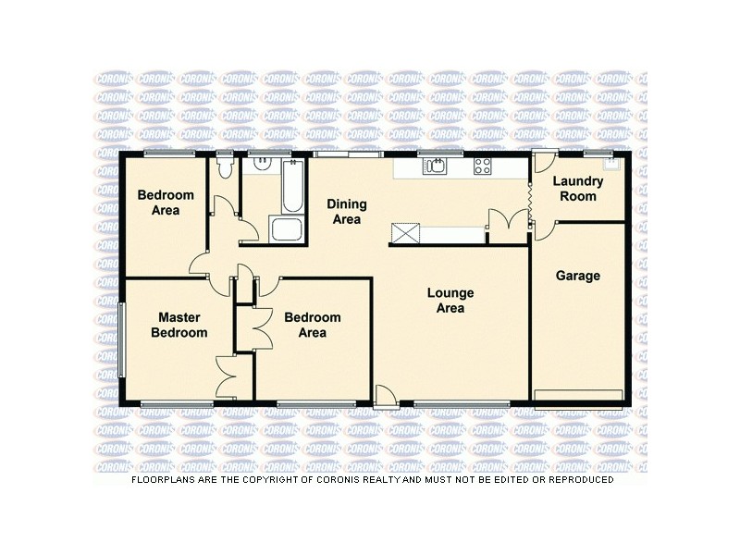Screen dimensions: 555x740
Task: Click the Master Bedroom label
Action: (x=179, y=325)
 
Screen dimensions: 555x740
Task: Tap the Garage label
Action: (x=577, y=276)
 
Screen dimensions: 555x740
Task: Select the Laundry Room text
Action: (x=576, y=190)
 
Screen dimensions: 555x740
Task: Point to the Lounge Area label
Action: (x=450, y=301)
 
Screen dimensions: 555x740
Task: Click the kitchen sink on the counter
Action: (x=435, y=166)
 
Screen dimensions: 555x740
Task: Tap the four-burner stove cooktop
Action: (x=483, y=166)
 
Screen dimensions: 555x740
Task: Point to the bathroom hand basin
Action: (x=263, y=162)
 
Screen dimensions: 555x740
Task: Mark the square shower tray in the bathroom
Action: (x=281, y=230)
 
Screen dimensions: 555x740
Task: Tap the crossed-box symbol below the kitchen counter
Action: (x=403, y=232)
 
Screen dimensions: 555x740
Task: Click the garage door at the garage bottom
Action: (x=580, y=396)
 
